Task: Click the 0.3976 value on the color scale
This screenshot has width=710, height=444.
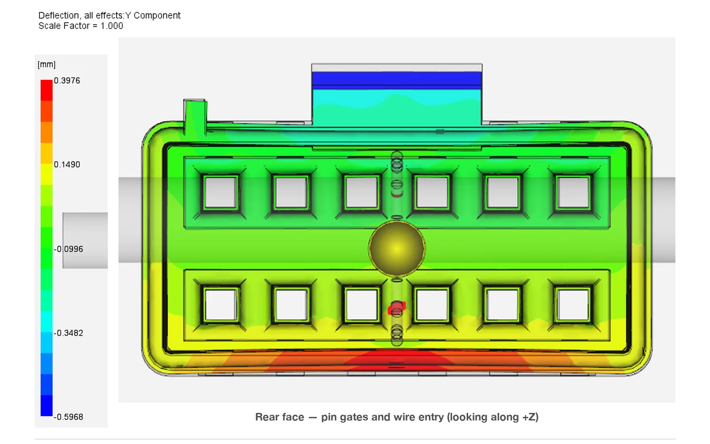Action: [67, 80]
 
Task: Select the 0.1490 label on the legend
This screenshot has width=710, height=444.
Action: [67, 165]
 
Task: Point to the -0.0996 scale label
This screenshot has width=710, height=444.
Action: [68, 249]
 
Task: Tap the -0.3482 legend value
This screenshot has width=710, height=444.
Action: [68, 333]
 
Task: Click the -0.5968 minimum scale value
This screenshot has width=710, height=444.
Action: [68, 417]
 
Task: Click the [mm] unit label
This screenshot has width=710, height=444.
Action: [47, 64]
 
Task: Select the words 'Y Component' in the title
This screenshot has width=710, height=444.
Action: [153, 16]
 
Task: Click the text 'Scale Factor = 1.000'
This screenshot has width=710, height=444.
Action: [81, 26]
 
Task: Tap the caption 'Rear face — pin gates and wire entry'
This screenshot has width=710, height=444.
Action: [349, 417]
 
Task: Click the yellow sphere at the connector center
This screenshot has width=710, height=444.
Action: [397, 248]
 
